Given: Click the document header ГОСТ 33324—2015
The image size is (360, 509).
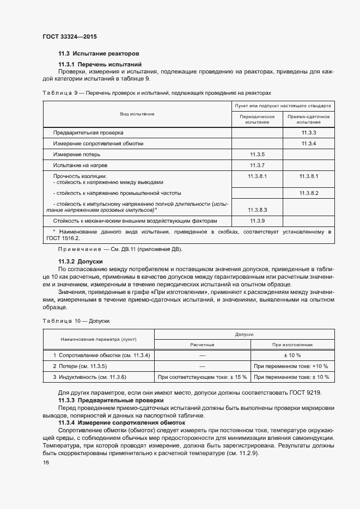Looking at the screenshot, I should point(69,36).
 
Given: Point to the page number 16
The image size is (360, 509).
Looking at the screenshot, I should point(46,462).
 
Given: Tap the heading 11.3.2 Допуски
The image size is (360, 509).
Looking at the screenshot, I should point(81,261).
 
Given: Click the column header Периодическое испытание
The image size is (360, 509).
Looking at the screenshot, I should point(257,119).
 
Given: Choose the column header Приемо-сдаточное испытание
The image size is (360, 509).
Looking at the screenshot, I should point(309,119).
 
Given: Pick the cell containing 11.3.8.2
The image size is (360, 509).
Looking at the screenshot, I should point(309,193).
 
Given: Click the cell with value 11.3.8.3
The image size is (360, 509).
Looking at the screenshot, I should point(257,210).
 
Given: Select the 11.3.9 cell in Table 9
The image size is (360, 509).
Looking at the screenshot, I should point(257,221).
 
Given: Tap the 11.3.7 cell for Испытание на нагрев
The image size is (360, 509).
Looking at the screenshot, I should point(257,165).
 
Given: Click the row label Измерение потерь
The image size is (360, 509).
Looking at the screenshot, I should point(77,155).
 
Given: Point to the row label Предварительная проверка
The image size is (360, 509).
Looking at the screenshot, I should point(88,133).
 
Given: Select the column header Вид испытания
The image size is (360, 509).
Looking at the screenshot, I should point(137,114).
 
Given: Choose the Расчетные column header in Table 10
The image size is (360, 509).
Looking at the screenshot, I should point(202,345).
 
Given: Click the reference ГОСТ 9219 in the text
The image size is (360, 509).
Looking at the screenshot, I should point(306,393).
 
